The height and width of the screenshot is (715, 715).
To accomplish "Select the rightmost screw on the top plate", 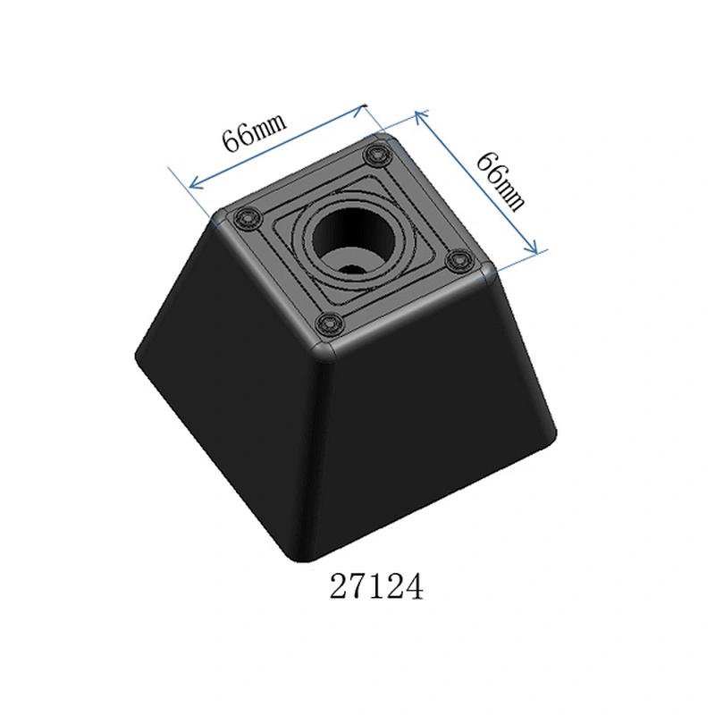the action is pyautogui.click(x=459, y=261).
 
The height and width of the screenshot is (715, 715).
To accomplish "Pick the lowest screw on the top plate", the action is pyautogui.click(x=329, y=324).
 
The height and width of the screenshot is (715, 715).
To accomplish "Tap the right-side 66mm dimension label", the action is pyautogui.click(x=500, y=181).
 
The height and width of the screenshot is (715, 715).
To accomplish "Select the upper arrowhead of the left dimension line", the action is pyautogui.click(x=360, y=109).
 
